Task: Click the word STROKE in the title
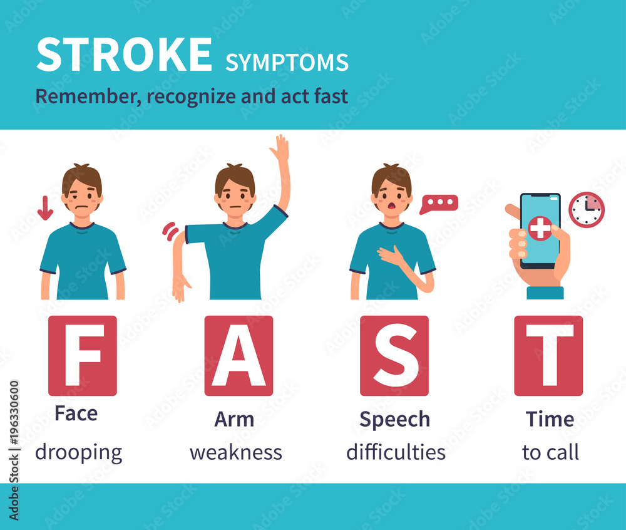124,55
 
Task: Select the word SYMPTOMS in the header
287,62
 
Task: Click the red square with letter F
83,355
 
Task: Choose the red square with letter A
239,355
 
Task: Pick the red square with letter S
394,355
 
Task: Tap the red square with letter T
548,355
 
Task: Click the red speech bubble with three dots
439,204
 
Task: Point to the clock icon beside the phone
587,210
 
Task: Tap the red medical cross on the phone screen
540,228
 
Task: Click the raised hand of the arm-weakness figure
280,148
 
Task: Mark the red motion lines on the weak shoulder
170,231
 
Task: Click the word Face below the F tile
76,413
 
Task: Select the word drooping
78,452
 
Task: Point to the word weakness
236,452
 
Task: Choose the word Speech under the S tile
394,419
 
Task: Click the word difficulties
396,452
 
